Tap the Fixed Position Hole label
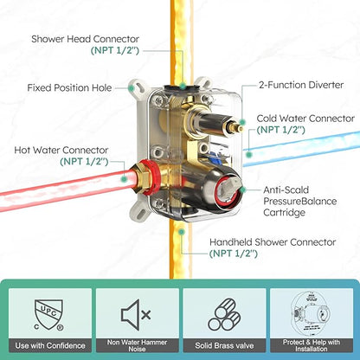69,87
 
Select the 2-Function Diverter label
301,85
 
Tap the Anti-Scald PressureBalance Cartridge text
300,201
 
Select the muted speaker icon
136,314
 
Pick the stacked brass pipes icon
224,314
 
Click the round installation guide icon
311,314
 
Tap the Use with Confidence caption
50,345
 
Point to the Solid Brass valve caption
224,345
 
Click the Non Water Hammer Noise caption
137,345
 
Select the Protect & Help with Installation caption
312,345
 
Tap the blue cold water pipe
301,149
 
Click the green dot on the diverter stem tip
243,122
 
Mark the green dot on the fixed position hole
132,87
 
